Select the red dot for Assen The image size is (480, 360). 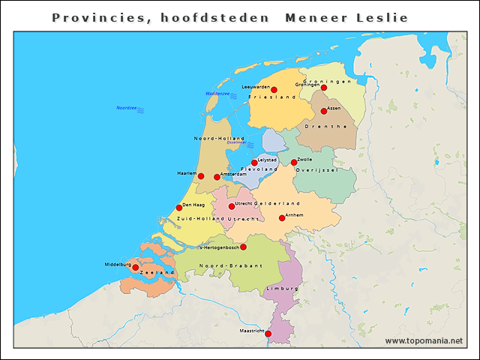pos(324,111)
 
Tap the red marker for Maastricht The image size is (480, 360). pos(268,334)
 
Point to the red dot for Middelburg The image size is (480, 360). pos(136,267)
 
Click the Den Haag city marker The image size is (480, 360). pos(179,208)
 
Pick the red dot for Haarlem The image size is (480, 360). pos(201,176)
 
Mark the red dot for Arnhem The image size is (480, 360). pos(282,218)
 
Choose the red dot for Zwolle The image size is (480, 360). pos(294,162)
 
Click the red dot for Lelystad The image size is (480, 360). pos(254,162)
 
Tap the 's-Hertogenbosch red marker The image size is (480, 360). pos(243,247)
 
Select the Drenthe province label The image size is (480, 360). pos(325,127)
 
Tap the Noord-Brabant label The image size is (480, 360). pos(231,265)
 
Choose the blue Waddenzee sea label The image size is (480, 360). pos(217,94)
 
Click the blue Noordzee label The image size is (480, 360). pos(126,108)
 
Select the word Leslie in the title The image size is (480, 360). pos(380,17)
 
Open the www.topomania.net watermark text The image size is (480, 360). pos(424,341)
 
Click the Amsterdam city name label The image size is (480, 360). pos(233,174)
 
